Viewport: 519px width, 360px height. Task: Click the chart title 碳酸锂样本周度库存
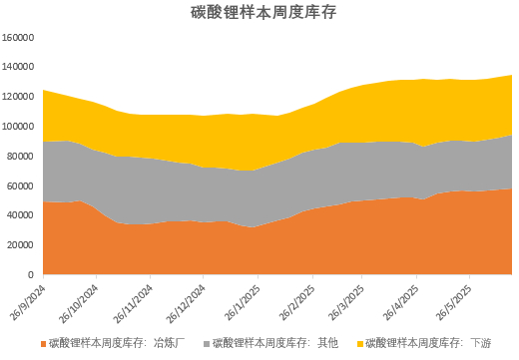(259, 13)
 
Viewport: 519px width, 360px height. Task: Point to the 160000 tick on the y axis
(20, 38)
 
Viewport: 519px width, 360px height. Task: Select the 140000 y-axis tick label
(20, 67)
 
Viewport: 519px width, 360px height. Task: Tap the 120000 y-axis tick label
(20, 97)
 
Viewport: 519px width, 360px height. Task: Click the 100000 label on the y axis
(20, 127)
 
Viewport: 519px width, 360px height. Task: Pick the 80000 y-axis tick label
(22, 156)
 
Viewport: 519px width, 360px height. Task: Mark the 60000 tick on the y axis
(22, 185)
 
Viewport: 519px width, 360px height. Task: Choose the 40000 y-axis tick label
(22, 215)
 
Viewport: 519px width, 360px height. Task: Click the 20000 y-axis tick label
(22, 244)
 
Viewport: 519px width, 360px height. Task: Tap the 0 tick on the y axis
(33, 274)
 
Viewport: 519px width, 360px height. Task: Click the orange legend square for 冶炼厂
(41, 342)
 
